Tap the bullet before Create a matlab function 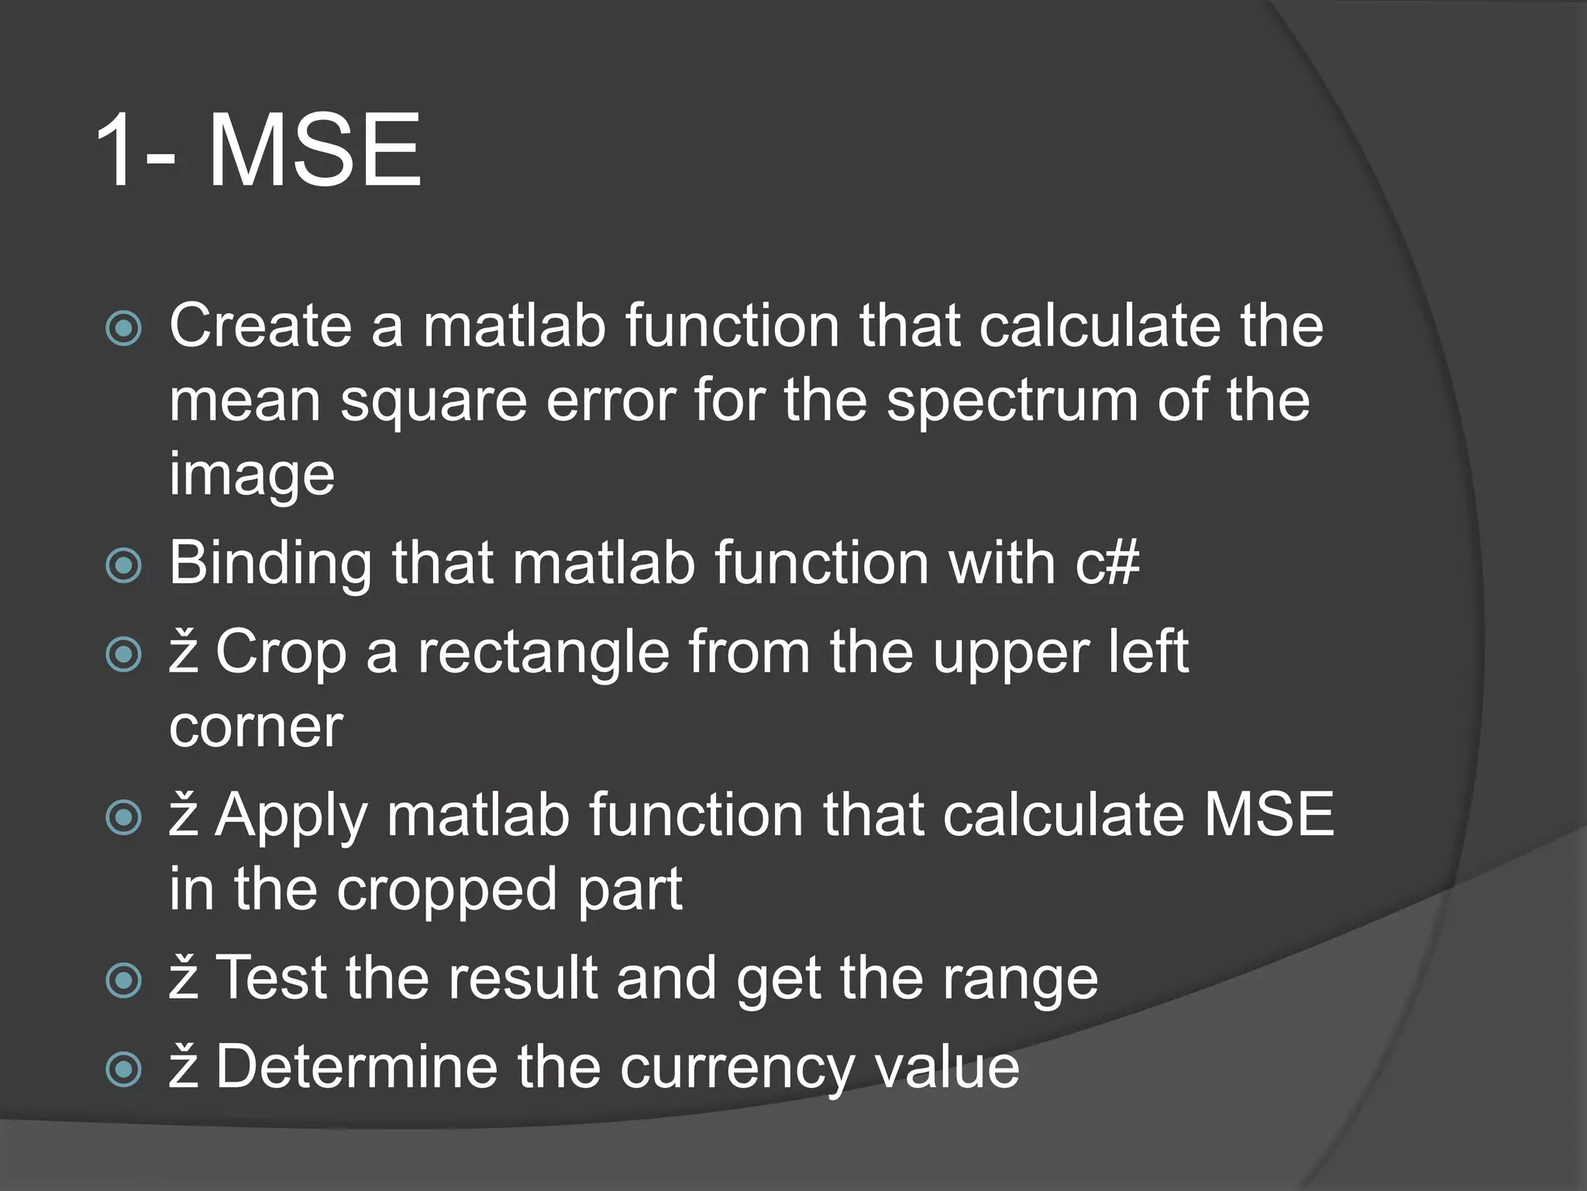coord(124,328)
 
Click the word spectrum coord(1012,402)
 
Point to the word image coord(252,475)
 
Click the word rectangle coord(543,653)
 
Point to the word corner coord(256,727)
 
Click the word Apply coord(291,817)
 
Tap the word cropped coord(448,890)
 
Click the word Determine coord(356,1068)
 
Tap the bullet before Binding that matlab coord(124,565)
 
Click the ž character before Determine coord(184,1068)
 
